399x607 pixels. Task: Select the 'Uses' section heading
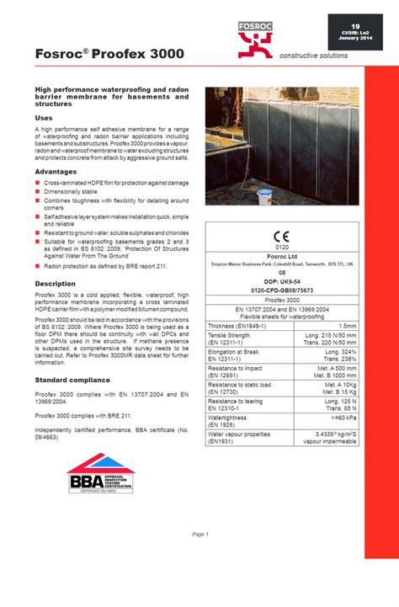[x=44, y=119]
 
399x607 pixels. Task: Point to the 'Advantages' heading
[x=56, y=172]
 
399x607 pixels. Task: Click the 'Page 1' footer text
[x=199, y=535]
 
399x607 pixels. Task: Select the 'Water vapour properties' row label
[x=240, y=434]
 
